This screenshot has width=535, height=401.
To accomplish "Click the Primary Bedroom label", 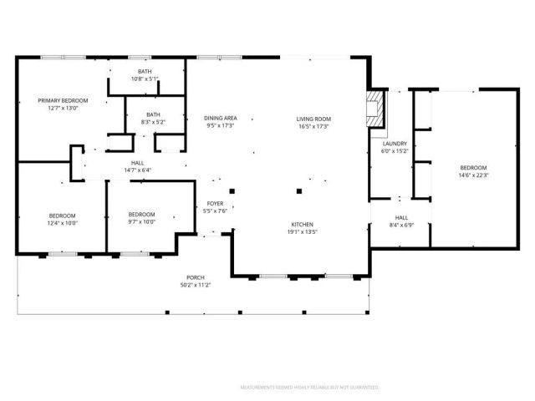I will pos(63,100).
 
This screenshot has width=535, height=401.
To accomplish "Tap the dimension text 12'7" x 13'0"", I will pos(63,108).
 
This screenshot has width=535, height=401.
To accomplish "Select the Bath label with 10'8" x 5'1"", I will pos(145,72).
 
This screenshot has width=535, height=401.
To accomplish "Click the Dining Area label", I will pos(221,119).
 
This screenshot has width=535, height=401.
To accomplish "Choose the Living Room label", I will pos(313,119).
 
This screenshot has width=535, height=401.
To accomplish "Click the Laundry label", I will pos(395,144).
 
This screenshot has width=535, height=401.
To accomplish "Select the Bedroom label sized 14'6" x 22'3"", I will pos(472,167).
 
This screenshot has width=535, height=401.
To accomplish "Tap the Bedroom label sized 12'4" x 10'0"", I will pos(63,215).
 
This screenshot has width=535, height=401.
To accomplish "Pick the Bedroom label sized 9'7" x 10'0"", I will pos(141,214).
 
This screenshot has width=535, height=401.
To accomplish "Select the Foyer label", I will pos(215,203).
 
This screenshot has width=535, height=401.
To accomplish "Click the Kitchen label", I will pos(302,225).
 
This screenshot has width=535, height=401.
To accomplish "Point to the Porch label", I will pos(196,277).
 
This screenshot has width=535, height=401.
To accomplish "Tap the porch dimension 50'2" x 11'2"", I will pos(196,285).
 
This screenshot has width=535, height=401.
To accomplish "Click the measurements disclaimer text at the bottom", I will pos(310,388).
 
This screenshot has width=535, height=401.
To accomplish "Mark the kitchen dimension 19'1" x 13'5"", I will pos(302,232).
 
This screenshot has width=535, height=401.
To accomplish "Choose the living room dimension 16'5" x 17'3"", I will pos(313,126).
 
